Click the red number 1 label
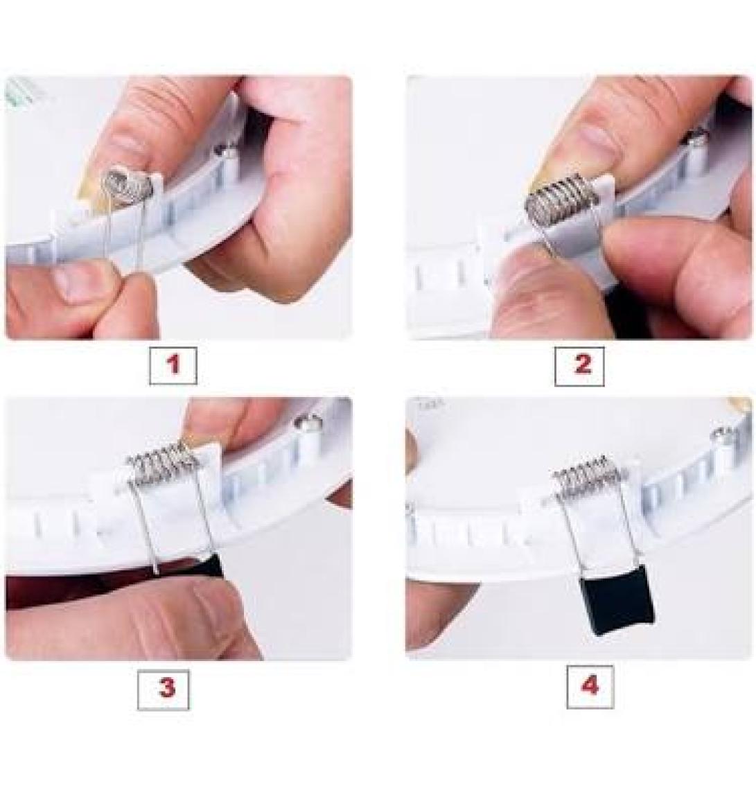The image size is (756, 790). point(173,365)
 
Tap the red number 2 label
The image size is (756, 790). point(582,365)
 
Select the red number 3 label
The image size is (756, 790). point(167,688)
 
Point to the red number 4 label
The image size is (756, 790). point(590,687)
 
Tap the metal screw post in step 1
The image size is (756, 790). point(225,150)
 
